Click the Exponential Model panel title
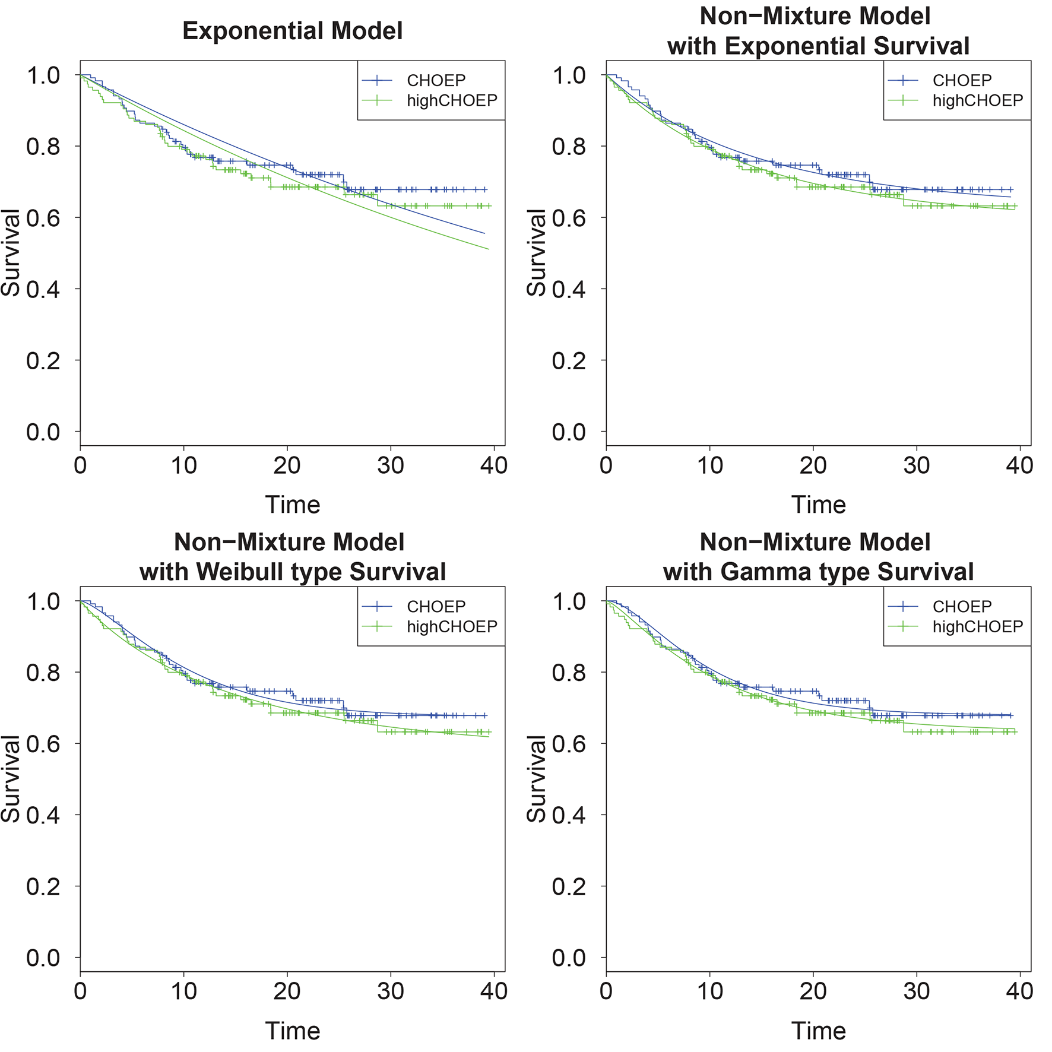tap(292, 31)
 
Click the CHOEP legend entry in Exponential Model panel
tap(436, 80)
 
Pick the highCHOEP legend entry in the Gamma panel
tap(977, 627)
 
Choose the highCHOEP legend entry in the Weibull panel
tap(451, 627)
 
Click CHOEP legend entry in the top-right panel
tap(962, 80)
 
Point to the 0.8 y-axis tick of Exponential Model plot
tap(43, 147)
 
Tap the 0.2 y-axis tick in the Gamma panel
tap(569, 886)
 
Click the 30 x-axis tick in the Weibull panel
tap(391, 991)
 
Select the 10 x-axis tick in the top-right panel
tap(709, 465)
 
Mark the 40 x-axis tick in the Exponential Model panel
tap(494, 465)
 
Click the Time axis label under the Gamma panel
tap(818, 1031)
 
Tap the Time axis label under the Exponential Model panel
tap(292, 505)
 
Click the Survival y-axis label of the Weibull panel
tap(11, 778)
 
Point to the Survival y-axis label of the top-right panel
tap(537, 252)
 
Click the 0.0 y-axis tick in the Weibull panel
tap(43, 958)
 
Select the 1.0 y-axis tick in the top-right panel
tap(569, 75)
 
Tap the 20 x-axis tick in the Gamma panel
tap(813, 991)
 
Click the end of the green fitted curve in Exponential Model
tap(489, 249)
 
